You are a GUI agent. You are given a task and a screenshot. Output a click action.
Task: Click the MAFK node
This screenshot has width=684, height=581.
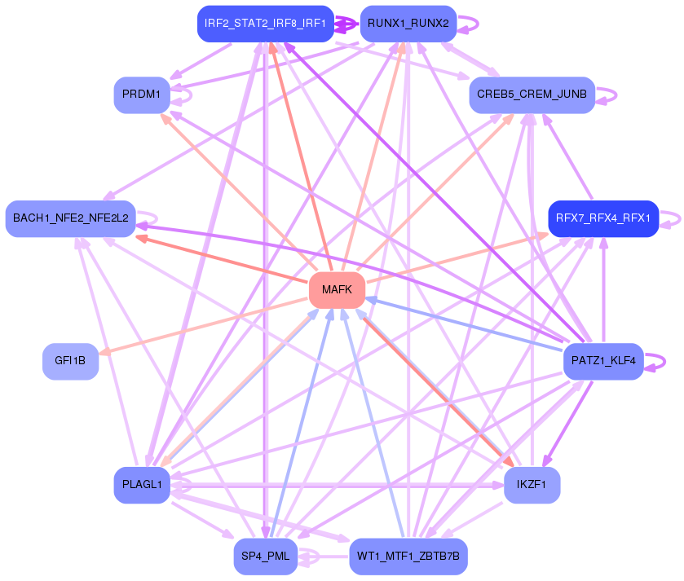(337, 290)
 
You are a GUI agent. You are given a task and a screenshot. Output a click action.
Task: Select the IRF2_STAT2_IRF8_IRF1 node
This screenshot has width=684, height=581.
(266, 24)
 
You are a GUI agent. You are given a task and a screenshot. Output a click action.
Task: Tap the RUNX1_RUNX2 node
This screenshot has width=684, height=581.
(408, 24)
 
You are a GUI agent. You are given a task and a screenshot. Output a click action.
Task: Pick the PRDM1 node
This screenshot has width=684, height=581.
(141, 95)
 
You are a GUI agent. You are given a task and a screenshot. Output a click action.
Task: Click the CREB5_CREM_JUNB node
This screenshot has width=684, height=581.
(532, 95)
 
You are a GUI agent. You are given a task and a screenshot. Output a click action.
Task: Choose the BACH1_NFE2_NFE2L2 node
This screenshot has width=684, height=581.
(70, 218)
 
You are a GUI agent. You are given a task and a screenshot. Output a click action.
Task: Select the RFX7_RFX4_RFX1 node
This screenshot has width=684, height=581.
(602, 218)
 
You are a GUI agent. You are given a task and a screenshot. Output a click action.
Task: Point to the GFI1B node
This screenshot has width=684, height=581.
(70, 361)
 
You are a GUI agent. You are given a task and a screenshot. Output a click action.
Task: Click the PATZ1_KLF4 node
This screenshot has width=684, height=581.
(602, 360)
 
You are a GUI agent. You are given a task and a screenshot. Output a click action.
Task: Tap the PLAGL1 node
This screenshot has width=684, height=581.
(141, 485)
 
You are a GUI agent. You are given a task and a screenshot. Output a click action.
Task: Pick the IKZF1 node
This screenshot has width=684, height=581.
(532, 485)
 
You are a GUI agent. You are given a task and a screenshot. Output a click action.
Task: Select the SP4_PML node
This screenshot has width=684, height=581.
(266, 556)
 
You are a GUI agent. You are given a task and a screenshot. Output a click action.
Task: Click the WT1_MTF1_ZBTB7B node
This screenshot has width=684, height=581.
(408, 556)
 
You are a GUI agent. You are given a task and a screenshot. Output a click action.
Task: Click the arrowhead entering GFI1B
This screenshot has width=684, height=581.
(104, 351)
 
